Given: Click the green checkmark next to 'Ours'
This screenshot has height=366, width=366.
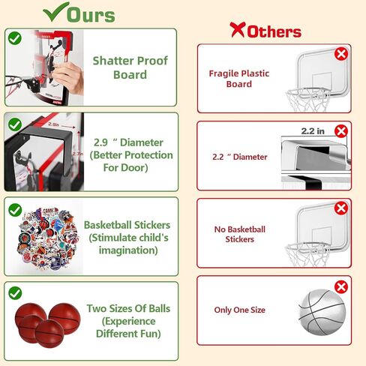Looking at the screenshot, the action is (55, 12).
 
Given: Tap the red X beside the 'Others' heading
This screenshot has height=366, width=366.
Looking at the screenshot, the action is (238, 29).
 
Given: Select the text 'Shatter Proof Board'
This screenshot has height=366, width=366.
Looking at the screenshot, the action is (130, 67).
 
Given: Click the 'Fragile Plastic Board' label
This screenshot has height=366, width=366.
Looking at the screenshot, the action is (239, 79).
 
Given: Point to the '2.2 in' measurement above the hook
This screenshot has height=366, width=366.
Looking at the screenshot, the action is (313, 131).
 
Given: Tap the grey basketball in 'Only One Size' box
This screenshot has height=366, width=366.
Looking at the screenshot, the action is (322, 312).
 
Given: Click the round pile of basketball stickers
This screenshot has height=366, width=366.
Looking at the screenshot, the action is (47, 239).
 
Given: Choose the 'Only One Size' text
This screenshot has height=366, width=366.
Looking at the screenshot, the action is (239, 310).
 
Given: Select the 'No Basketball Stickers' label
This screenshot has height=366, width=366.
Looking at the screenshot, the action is (239, 234).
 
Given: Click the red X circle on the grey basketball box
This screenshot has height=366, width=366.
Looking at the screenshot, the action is (341, 287).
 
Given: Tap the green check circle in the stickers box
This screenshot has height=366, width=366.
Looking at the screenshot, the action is (15, 210).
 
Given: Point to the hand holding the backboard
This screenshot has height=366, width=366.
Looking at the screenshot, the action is (68, 77).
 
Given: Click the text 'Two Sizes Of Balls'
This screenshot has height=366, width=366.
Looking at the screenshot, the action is (128, 308).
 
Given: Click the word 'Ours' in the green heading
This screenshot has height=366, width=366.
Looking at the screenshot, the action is (91, 15).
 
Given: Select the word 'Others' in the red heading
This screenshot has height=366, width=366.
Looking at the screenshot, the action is (274, 31).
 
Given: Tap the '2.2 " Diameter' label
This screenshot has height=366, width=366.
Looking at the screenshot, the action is (240, 157).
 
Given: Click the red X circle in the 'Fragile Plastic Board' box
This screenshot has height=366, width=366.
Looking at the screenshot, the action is (341, 54).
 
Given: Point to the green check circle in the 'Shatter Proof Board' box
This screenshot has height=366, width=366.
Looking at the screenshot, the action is (15, 38).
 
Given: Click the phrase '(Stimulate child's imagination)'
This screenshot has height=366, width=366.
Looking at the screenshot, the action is (128, 244).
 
